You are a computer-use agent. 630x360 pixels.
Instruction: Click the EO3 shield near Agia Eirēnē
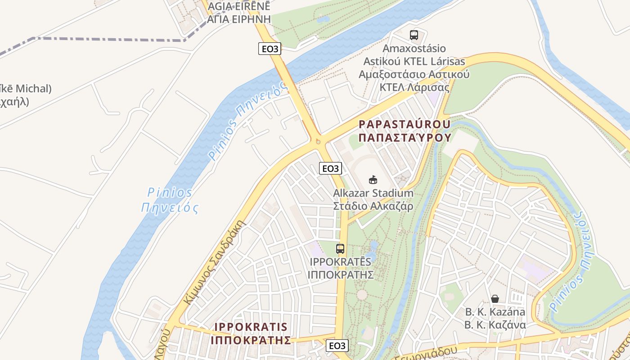(x=270, y=49)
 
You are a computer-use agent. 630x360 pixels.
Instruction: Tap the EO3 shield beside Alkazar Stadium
(x=330, y=168)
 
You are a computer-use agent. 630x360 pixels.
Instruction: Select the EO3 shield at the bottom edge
(x=337, y=346)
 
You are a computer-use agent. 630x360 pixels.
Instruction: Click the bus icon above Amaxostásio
(x=414, y=35)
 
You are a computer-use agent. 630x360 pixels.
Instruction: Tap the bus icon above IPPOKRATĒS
(x=340, y=248)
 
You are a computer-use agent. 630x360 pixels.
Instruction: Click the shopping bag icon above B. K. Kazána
(x=495, y=298)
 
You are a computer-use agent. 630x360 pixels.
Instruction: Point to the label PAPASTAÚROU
(x=404, y=124)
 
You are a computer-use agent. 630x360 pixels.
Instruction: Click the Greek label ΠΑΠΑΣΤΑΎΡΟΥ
(x=405, y=137)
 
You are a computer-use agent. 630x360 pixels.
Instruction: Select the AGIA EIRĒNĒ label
(x=239, y=6)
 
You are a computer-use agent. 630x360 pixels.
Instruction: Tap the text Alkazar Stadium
(x=373, y=193)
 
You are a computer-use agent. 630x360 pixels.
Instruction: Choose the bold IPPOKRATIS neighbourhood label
(x=251, y=327)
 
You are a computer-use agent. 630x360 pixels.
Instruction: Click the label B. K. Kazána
(x=495, y=312)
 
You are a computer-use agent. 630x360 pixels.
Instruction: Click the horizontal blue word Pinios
(x=170, y=193)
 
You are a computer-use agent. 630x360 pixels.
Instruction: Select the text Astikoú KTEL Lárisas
(x=414, y=61)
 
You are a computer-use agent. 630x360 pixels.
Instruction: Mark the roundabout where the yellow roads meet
(x=318, y=141)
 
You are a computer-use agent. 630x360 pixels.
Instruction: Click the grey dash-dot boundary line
(x=108, y=39)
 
